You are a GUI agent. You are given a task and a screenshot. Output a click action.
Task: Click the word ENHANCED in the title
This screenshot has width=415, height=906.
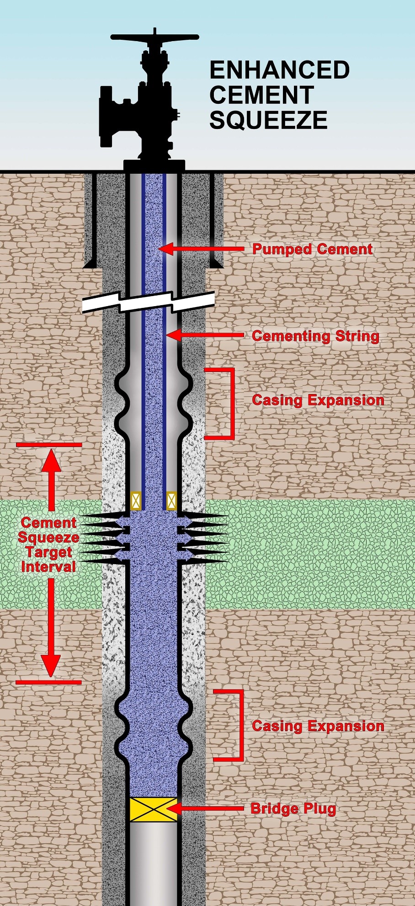coord(279,70)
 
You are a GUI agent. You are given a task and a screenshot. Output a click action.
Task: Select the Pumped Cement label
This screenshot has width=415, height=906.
coord(313,249)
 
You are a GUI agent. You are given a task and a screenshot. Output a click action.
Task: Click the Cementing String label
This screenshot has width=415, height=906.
coord(315,336)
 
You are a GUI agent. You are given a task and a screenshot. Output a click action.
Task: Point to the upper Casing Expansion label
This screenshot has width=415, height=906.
coord(318,400)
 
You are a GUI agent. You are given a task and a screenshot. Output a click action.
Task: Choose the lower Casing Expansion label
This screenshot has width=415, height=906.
coord(318,726)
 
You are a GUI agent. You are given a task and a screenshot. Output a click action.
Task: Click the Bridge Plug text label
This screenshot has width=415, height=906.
coord(293,809)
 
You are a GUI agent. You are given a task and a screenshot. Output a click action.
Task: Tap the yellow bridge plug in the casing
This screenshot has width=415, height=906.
coord(153,809)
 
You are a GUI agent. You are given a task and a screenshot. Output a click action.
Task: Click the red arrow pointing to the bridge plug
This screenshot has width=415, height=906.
coord(206,809)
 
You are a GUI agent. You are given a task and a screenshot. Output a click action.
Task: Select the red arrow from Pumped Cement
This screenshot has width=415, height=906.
coord(201,249)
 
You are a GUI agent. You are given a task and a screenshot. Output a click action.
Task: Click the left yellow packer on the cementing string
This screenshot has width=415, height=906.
coord(136,501)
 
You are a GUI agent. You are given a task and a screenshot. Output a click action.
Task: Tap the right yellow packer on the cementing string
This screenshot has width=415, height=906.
coord(171,501)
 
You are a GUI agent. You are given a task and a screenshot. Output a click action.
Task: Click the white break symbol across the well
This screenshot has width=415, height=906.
coord(149,302)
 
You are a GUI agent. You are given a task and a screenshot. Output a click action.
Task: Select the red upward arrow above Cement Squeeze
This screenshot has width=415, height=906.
coord(51,478)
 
